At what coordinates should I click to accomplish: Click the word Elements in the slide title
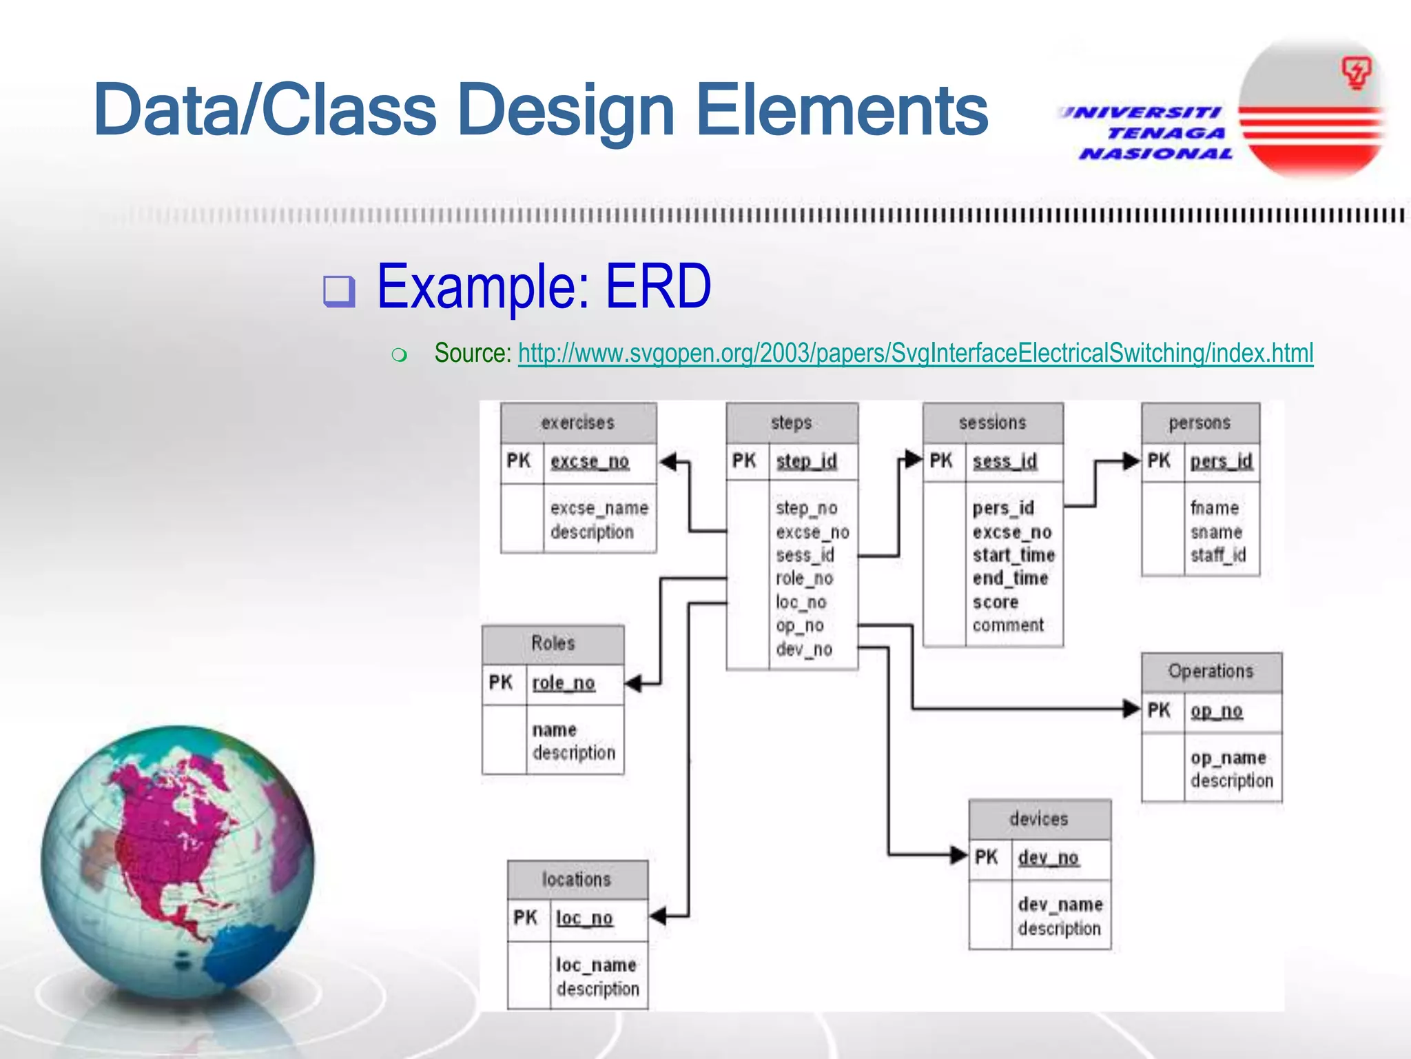point(842,110)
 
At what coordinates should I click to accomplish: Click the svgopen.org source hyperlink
point(915,354)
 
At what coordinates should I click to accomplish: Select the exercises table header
point(577,423)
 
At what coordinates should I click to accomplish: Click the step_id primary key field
point(806,461)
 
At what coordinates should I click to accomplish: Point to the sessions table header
point(992,423)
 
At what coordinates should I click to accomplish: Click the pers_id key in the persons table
point(1221,461)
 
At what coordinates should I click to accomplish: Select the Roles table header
point(553,643)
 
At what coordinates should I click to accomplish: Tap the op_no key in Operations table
point(1216,711)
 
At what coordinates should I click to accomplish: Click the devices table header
point(1038,819)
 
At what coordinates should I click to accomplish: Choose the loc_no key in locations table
point(584,918)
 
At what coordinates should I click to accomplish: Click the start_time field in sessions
point(1013,555)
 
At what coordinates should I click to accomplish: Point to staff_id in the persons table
point(1217,555)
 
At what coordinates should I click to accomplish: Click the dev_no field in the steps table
point(803,649)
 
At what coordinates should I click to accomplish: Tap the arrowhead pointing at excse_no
point(668,461)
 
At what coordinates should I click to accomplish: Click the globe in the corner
point(178,862)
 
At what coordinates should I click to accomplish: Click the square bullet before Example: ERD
point(339,291)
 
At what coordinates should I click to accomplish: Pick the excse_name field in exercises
point(599,508)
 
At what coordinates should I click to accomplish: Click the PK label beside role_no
point(501,683)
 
